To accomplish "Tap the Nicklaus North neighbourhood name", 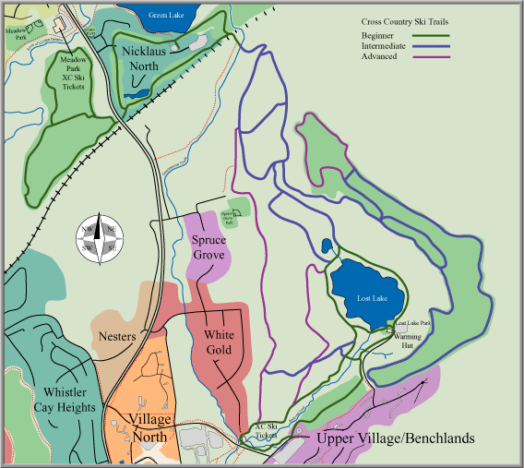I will (x=153, y=58).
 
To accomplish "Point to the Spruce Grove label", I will (x=208, y=246).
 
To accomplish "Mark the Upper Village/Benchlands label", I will (x=395, y=438).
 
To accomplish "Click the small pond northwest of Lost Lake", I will (x=327, y=246).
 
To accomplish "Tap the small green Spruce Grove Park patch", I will (x=238, y=211).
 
